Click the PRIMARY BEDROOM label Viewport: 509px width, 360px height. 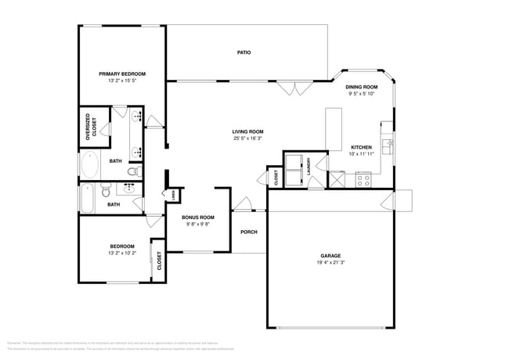tap(121, 74)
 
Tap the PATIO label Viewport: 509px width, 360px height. tap(244, 52)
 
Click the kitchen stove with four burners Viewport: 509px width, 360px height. tap(363, 179)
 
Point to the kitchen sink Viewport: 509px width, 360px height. tap(386, 145)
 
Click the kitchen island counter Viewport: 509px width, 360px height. tap(334, 129)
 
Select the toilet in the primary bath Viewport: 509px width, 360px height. tap(133, 171)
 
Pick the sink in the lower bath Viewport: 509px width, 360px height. tap(127, 189)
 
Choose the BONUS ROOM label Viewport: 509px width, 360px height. tap(197, 217)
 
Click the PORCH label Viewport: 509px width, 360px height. tap(249, 232)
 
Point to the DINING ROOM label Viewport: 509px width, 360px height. tap(361, 87)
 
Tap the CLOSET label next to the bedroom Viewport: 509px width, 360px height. tap(159, 261)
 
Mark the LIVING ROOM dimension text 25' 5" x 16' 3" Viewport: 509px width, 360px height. tap(247, 139)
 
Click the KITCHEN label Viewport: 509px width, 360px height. tap(361, 147)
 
